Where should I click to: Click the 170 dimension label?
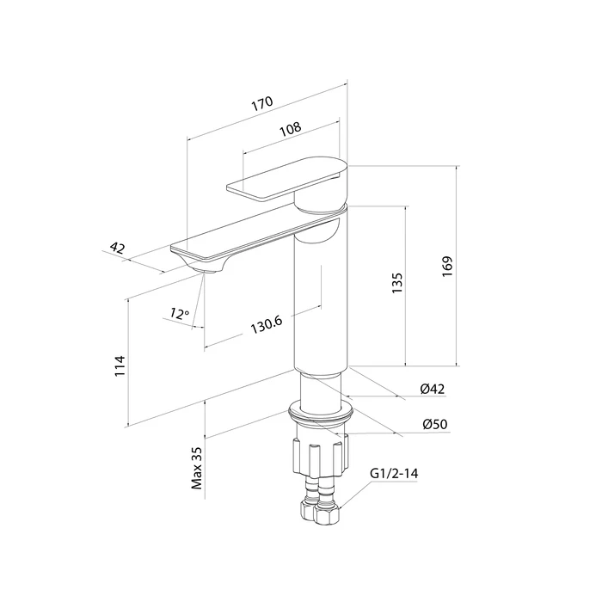[x=262, y=103]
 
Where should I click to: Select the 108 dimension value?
[x=291, y=129]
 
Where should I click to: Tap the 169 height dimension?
[x=447, y=266]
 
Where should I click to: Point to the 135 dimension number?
[x=397, y=283]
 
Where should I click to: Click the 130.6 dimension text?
[x=267, y=325]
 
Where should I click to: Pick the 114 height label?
[x=120, y=365]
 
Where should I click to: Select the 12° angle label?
[x=179, y=314]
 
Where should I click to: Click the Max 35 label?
[x=197, y=468]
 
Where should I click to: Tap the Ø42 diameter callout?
[x=433, y=389]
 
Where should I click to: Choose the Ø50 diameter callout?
[x=435, y=424]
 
